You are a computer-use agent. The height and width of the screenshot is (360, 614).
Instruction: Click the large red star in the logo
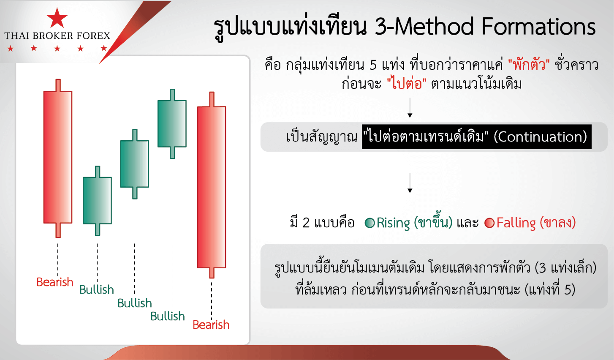(57, 18)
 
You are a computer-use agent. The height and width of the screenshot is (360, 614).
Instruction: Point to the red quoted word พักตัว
(529, 65)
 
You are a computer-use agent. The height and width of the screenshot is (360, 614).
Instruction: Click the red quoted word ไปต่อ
(407, 83)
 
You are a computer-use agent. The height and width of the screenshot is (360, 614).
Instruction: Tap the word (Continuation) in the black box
(540, 136)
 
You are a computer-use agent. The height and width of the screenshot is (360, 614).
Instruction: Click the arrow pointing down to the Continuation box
(410, 107)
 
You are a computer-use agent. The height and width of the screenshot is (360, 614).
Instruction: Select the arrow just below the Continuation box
(410, 183)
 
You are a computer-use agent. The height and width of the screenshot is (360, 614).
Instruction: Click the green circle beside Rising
(370, 223)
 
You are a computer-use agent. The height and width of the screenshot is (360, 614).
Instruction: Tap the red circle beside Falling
(489, 223)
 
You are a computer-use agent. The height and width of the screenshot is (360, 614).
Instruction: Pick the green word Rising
(393, 223)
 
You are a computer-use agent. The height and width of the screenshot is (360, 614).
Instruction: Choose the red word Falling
(516, 223)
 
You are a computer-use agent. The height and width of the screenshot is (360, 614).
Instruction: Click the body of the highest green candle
(172, 123)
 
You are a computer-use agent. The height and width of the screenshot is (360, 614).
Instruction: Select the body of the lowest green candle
(97, 200)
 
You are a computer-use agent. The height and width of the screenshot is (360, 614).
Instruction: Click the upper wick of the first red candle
(58, 85)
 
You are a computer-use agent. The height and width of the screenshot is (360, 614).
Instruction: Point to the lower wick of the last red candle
(212, 273)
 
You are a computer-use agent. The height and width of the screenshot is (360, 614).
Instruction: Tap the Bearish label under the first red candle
(55, 282)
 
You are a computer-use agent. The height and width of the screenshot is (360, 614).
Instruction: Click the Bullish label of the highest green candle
(168, 316)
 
